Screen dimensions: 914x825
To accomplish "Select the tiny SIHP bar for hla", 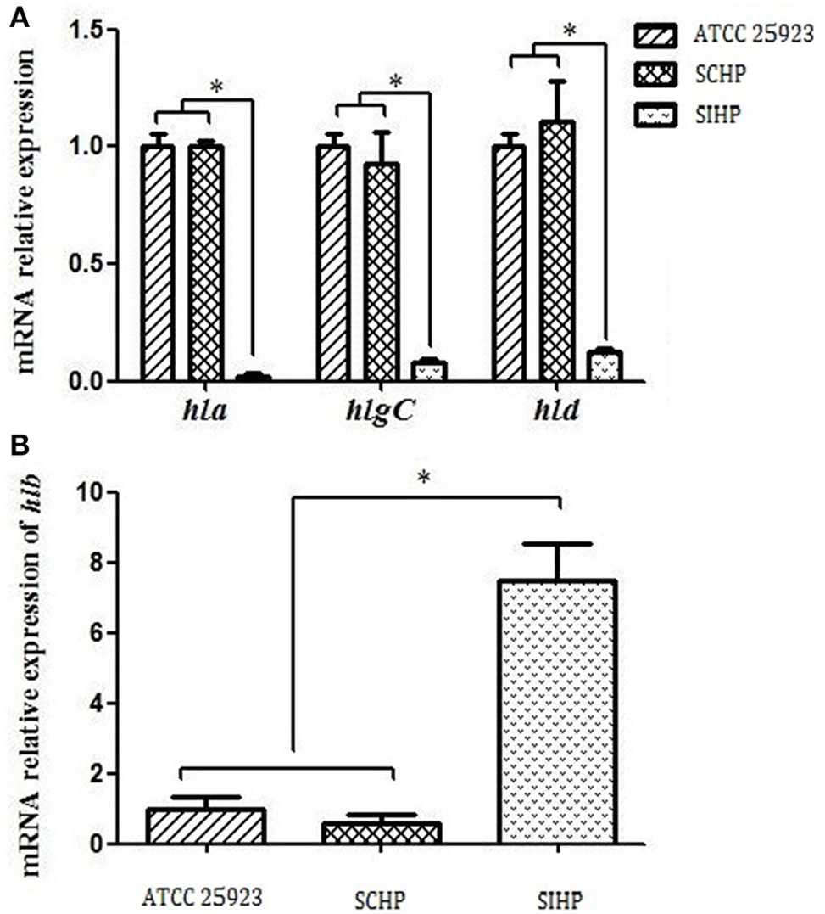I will pyautogui.click(x=252, y=377).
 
